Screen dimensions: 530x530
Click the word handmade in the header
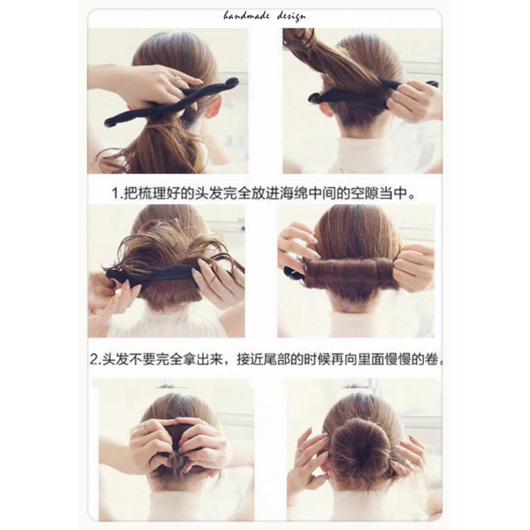tap(246, 16)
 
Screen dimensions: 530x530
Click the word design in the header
tap(291, 17)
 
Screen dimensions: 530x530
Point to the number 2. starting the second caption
tap(96, 359)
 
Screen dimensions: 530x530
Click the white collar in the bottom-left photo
tap(176, 504)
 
